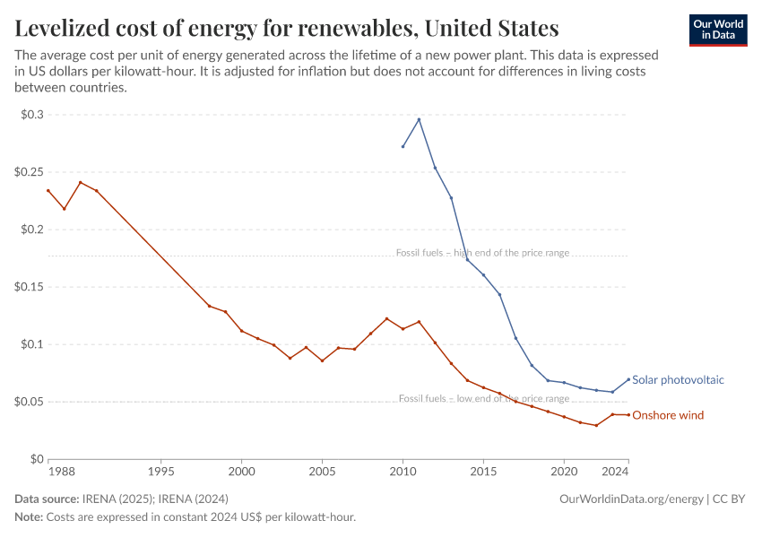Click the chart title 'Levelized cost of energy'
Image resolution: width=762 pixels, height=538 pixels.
pos(287,28)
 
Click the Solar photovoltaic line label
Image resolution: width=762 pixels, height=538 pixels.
pos(678,380)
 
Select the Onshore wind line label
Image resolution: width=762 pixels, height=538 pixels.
pos(668,415)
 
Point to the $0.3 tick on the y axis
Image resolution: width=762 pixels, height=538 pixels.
pos(31,115)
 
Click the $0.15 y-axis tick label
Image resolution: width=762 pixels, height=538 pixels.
pos(28,287)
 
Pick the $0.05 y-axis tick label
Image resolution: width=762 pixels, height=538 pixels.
pos(28,402)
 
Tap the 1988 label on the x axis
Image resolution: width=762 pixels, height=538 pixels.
pos(61,471)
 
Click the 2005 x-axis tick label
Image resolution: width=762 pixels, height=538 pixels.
pos(322,471)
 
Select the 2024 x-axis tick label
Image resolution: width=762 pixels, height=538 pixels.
pos(614,471)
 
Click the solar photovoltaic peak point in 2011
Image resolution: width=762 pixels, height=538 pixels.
pos(419,119)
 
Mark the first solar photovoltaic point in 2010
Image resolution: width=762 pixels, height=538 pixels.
pos(403,146)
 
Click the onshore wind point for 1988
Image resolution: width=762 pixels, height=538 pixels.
pos(48,190)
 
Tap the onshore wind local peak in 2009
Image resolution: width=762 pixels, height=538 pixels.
pos(386,318)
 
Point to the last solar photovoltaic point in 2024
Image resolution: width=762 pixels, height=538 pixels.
pos(628,378)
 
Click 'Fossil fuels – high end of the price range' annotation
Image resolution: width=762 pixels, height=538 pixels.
pos(482,253)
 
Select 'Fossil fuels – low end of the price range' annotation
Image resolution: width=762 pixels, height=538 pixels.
pos(484,398)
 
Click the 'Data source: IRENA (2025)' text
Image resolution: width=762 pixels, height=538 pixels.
pos(121,499)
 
